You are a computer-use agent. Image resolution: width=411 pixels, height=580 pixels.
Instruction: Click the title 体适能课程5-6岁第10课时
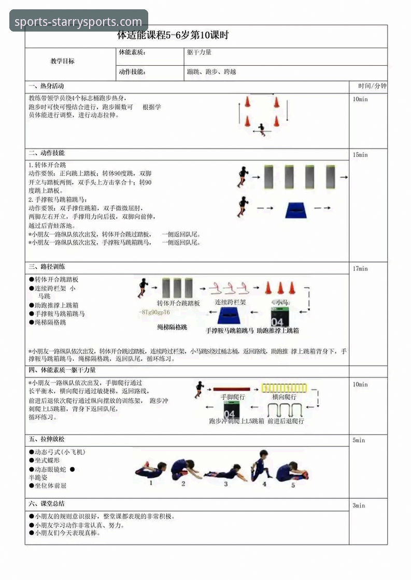pyautogui.click(x=173, y=36)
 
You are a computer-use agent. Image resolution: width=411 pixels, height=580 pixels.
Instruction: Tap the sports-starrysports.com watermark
pyautogui.click(x=78, y=22)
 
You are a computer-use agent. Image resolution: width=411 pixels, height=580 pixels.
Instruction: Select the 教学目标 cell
pyautogui.click(x=62, y=61)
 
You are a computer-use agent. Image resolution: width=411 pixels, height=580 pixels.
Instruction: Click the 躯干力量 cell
pyautogui.click(x=199, y=52)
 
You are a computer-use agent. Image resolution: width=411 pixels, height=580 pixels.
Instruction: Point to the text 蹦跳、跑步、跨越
pyautogui.click(x=211, y=72)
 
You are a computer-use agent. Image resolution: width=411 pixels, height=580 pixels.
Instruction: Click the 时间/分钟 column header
pyautogui.click(x=372, y=86)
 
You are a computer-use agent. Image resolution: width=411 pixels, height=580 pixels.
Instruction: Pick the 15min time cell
pyautogui.click(x=360, y=155)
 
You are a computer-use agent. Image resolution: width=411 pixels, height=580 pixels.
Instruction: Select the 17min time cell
pyautogui.click(x=360, y=269)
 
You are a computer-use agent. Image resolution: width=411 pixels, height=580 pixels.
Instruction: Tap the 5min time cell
pyautogui.click(x=359, y=440)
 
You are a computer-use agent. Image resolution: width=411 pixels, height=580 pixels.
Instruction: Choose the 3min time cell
pyautogui.click(x=359, y=505)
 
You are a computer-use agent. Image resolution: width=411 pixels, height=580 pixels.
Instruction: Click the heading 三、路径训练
pyautogui.click(x=47, y=267)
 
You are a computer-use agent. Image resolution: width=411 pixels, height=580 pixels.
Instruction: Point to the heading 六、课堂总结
pyautogui.click(x=47, y=503)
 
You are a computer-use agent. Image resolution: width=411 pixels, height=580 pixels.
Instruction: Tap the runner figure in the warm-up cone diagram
pyautogui.click(x=262, y=128)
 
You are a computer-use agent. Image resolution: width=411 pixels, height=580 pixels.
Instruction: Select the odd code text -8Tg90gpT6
pyautogui.click(x=154, y=313)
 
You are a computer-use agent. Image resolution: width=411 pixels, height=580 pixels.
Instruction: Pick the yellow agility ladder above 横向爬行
pyautogui.click(x=284, y=388)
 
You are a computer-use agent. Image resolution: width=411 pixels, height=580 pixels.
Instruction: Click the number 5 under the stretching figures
pyautogui.click(x=293, y=485)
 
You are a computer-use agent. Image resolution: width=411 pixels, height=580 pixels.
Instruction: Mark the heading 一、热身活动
pyautogui.click(x=47, y=86)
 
